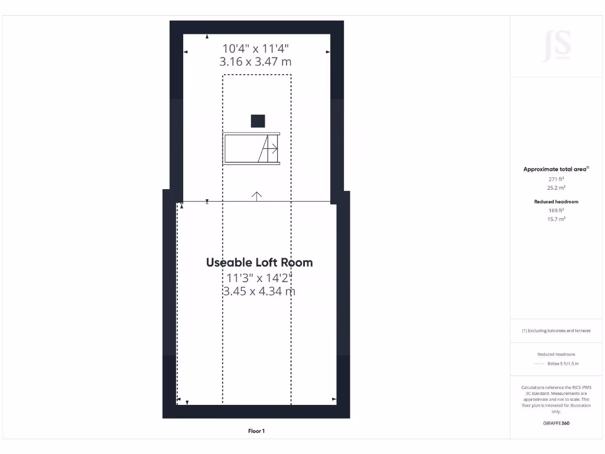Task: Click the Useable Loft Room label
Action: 259,262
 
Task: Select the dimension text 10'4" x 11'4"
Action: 256,48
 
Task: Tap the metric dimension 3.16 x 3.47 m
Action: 256,61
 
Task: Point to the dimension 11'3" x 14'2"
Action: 259,277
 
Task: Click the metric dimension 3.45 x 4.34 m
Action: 259,291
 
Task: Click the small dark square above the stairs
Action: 258,121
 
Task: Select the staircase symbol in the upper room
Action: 252,149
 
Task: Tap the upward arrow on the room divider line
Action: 256,196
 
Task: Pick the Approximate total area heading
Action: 556,169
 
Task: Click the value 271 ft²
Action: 556,179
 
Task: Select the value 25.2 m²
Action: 556,187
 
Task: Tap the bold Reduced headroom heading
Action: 556,202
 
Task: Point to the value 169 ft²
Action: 556,210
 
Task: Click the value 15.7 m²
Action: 556,219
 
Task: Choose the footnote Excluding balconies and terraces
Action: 556,330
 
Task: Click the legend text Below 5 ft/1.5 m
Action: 562,364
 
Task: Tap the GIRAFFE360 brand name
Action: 556,423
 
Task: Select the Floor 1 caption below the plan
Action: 256,431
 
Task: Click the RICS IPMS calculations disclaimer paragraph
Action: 556,399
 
